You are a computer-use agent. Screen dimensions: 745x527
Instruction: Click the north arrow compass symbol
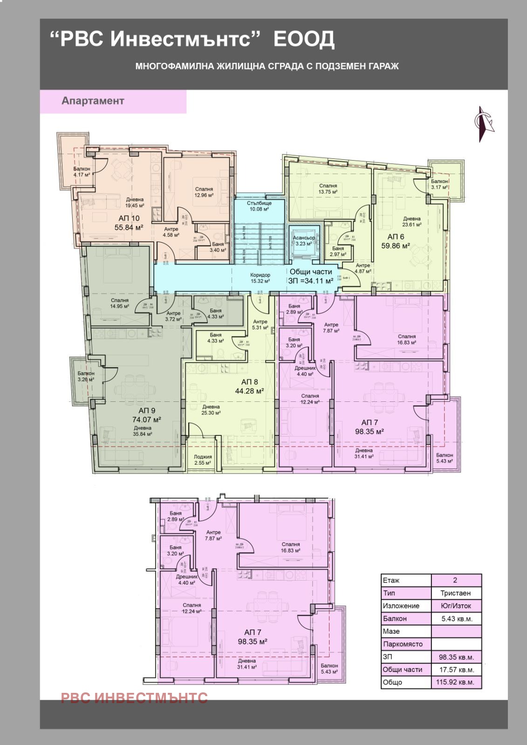484,124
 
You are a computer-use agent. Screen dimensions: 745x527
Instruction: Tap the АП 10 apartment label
129,223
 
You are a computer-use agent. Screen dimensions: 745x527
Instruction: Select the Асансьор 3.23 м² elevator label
304,241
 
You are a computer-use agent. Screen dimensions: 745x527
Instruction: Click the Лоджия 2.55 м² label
203,460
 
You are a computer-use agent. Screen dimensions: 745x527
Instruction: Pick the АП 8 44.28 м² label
249,386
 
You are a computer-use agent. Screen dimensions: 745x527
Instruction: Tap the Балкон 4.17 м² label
82,172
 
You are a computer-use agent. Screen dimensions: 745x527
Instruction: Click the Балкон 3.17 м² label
439,184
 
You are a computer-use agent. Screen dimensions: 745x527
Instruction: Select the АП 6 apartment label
396,241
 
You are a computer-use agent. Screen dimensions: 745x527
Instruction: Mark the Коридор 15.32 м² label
260,278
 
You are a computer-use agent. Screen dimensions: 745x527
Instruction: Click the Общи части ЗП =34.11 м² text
311,276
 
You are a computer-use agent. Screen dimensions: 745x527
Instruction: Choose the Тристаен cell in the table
455,593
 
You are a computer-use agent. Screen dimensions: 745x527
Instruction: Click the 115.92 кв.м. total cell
456,682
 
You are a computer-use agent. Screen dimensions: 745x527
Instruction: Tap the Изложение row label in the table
401,606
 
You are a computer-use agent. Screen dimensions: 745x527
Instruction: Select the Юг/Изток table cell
455,606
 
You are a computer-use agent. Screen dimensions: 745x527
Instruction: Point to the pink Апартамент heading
93,101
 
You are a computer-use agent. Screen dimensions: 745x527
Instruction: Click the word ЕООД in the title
303,40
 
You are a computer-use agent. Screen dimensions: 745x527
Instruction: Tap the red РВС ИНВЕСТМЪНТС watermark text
134,698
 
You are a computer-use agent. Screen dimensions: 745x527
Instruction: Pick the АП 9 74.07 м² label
147,415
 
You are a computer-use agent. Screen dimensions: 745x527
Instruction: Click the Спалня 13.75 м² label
328,189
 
